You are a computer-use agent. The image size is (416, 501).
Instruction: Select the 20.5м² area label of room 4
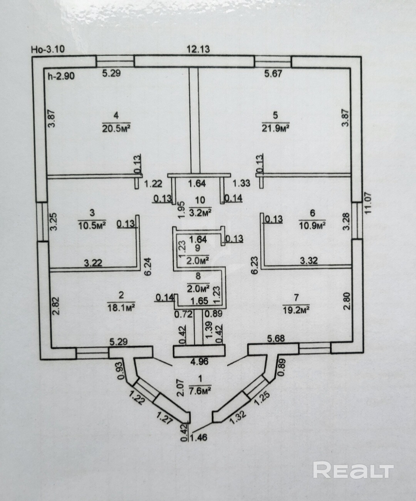116,128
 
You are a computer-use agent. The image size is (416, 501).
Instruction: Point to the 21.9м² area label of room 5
275,128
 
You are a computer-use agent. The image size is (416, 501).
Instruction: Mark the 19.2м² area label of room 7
297,308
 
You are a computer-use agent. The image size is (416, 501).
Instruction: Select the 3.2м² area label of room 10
201,212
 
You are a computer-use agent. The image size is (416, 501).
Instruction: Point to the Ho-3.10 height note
47,49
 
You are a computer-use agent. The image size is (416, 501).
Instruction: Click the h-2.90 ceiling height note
60,76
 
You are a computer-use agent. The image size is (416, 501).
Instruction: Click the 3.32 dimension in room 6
309,261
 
